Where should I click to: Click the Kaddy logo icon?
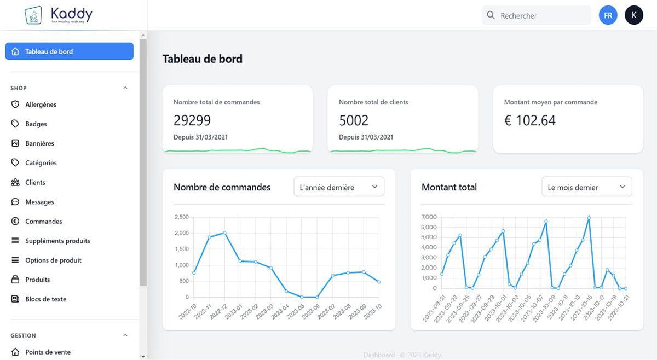click(x=34, y=15)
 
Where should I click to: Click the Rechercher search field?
click(x=542, y=16)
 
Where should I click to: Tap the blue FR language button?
click(x=608, y=15)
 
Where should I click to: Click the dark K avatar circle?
click(x=633, y=15)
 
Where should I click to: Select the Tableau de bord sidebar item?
click(x=69, y=51)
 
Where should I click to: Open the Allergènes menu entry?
click(x=41, y=104)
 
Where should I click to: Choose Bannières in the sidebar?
click(x=39, y=143)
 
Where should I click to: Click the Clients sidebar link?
click(x=35, y=182)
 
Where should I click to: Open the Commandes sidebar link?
click(x=43, y=222)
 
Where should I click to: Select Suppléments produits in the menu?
click(x=57, y=241)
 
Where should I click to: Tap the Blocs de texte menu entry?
click(x=45, y=299)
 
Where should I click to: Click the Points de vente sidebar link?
click(x=48, y=352)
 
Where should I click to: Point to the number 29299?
click(x=192, y=120)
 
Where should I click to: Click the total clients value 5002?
click(x=354, y=120)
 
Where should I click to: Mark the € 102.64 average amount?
click(x=529, y=120)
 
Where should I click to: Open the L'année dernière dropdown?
click(x=339, y=187)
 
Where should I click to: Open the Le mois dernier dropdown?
click(x=586, y=187)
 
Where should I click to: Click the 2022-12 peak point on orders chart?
click(x=224, y=233)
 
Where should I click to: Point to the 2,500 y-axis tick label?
click(x=181, y=217)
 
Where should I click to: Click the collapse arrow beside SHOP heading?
click(x=125, y=88)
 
